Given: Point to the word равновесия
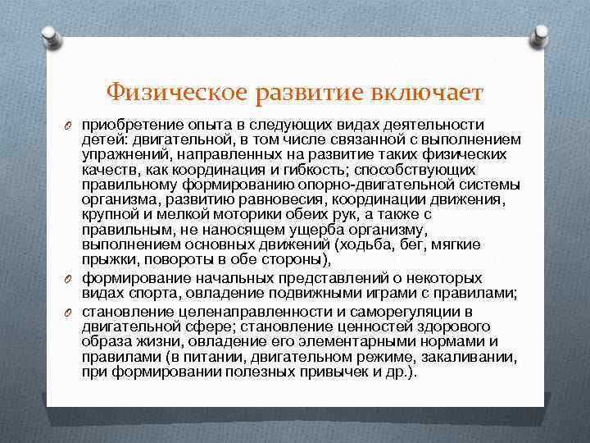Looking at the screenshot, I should (265, 199).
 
